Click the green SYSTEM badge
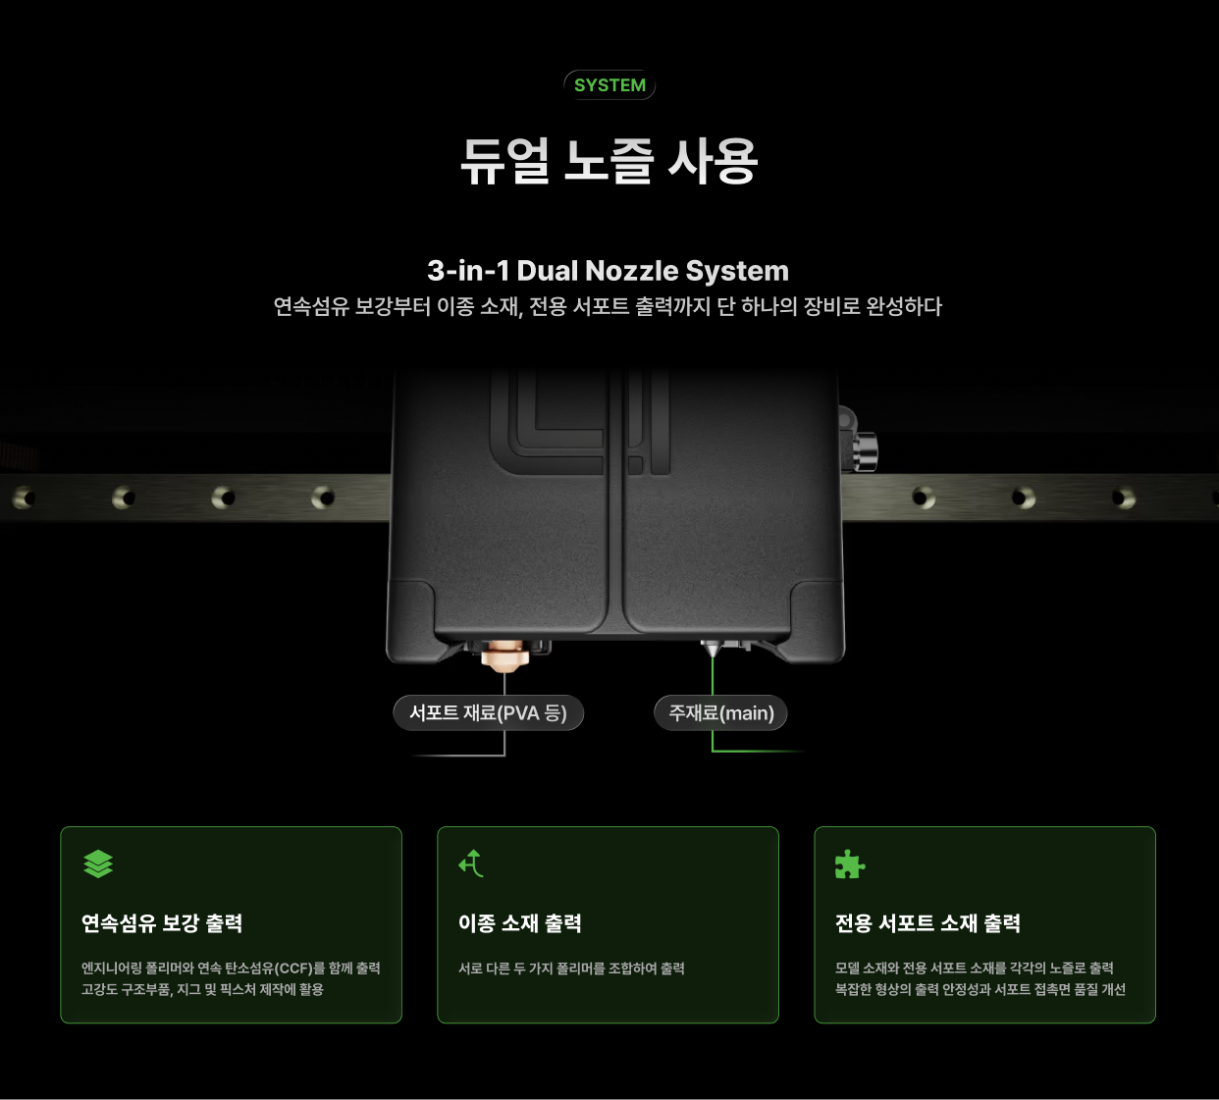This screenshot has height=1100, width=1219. (x=609, y=85)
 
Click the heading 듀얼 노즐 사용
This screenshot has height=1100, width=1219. (x=609, y=161)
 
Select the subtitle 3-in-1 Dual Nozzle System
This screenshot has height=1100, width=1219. (x=608, y=271)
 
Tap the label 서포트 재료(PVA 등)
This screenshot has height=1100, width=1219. (x=489, y=712)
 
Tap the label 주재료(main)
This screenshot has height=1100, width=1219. (x=720, y=712)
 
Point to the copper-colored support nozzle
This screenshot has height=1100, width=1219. (x=503, y=656)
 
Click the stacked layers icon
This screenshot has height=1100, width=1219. (x=98, y=864)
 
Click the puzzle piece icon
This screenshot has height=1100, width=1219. (x=850, y=864)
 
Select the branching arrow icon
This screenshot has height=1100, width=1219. (x=471, y=864)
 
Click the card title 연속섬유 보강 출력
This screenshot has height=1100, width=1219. (x=162, y=923)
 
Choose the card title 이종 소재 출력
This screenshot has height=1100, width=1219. (x=520, y=923)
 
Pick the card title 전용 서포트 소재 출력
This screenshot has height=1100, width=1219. (x=927, y=923)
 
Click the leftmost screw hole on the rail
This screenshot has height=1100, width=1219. (x=25, y=498)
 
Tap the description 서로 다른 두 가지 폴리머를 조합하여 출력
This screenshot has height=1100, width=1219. (x=572, y=969)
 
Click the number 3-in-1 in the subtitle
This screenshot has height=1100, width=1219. (x=468, y=271)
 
